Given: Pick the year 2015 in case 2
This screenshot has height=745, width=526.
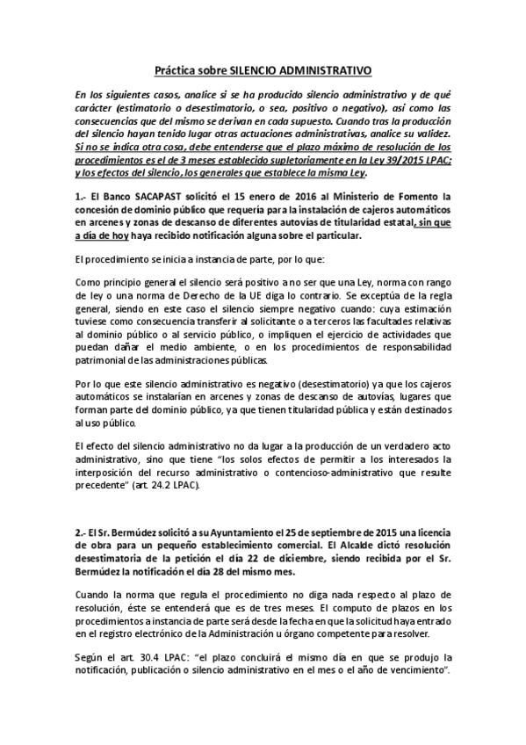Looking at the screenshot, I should (382, 532).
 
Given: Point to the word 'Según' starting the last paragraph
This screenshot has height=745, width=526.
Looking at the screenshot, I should (90, 657).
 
